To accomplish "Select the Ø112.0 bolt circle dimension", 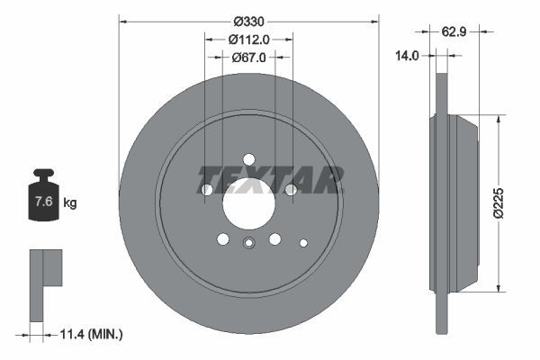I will [249, 39].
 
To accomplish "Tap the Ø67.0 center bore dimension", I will [249, 57].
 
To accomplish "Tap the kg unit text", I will [70, 202].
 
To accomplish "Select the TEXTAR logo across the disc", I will [270, 179].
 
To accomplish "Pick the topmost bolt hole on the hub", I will [249, 159].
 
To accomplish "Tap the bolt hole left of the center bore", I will [207, 190].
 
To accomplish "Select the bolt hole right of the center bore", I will [291, 190].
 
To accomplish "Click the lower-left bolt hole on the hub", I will [223, 238].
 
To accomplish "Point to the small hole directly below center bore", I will [249, 241].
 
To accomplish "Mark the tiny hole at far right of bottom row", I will [303, 242].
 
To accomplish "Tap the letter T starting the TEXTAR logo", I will [208, 179].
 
